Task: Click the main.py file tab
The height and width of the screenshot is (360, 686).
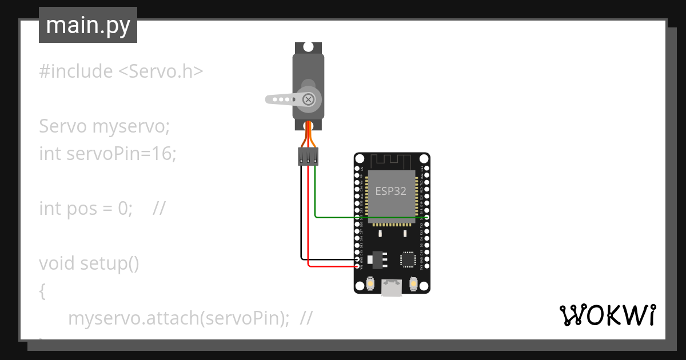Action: (x=88, y=25)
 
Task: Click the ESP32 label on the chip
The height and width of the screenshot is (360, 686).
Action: (x=391, y=191)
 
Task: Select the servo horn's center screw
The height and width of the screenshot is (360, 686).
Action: (x=309, y=99)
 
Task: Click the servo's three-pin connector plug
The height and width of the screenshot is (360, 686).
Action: (x=308, y=156)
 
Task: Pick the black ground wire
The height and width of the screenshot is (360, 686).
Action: (x=301, y=217)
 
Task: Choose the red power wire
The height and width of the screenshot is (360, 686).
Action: (x=308, y=229)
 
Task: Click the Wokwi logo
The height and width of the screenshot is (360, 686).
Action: (x=607, y=315)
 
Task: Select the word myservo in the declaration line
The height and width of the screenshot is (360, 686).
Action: (x=130, y=126)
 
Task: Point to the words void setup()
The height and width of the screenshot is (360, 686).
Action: (x=89, y=263)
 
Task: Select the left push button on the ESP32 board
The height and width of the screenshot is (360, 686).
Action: (x=371, y=283)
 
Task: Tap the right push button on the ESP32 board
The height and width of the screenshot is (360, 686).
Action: (x=414, y=283)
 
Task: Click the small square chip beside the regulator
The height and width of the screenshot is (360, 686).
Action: (x=408, y=259)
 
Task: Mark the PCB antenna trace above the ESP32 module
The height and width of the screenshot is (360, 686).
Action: (x=392, y=161)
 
